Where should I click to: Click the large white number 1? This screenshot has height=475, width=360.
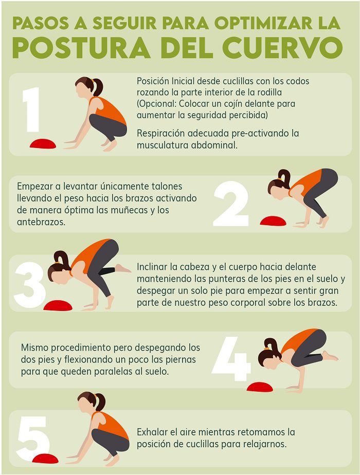(32, 109)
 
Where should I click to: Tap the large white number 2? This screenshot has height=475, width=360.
(231, 204)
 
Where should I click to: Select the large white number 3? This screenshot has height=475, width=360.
(30, 285)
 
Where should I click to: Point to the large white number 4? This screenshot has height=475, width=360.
(232, 358)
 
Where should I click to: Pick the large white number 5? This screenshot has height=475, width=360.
(33, 439)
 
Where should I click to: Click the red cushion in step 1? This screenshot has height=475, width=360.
(43, 143)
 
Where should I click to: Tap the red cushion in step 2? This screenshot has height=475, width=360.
(273, 221)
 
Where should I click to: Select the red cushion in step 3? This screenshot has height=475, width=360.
(58, 305)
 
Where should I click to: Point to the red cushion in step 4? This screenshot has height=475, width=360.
(260, 387)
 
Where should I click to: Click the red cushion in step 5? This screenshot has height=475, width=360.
(45, 459)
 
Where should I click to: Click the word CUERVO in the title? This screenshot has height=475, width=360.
(283, 48)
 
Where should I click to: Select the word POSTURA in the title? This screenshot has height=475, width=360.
(82, 48)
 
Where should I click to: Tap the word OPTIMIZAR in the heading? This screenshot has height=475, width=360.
(263, 23)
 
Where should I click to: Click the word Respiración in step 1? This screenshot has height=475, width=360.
(160, 134)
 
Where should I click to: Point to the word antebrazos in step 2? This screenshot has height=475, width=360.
(41, 222)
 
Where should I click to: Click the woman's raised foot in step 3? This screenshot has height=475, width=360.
(122, 268)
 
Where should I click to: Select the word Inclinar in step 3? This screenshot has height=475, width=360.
(152, 267)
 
